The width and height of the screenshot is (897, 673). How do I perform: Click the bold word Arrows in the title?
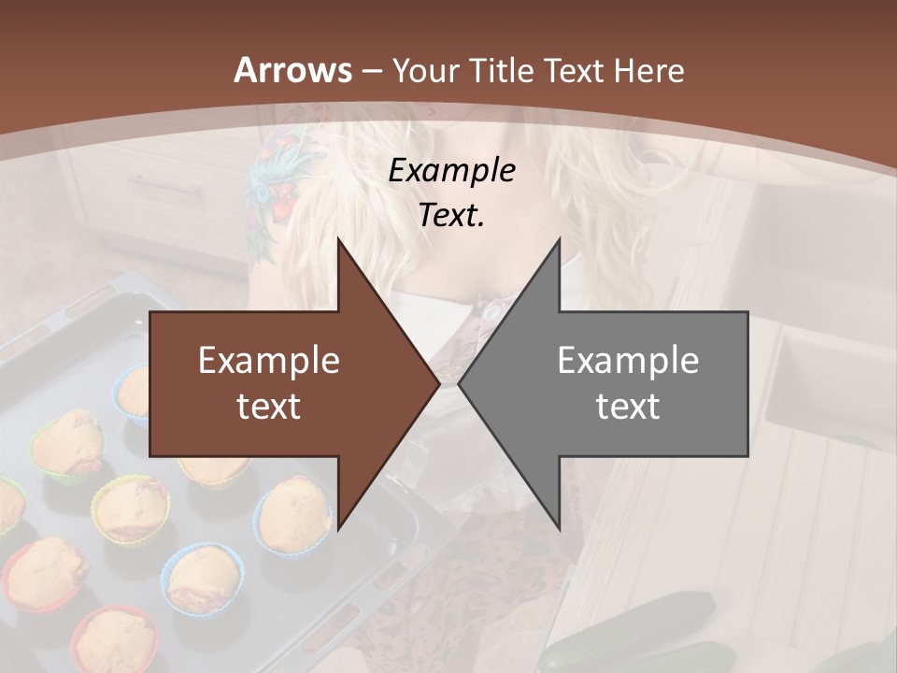click(x=292, y=70)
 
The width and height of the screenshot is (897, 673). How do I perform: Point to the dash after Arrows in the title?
click(x=372, y=71)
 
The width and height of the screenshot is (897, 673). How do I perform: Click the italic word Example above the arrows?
click(x=451, y=170)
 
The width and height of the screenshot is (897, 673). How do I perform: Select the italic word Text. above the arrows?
click(x=451, y=215)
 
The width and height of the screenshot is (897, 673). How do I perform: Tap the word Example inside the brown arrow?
click(x=269, y=360)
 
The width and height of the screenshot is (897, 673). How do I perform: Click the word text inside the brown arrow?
click(x=269, y=407)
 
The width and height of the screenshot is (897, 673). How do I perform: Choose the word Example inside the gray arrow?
click(x=628, y=360)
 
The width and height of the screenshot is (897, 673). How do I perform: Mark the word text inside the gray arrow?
click(x=628, y=407)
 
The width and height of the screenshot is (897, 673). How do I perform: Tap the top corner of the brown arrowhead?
click(x=338, y=240)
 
